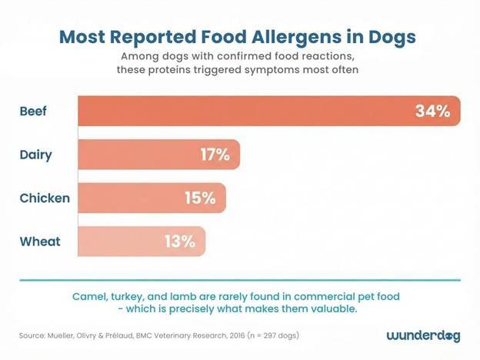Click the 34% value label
tap(432, 112)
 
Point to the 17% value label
tap(215, 155)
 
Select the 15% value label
tap(200, 198)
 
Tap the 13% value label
tap(179, 241)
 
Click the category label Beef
tap(33, 112)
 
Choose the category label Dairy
tap(35, 155)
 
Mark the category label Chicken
tap(45, 198)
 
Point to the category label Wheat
tap(40, 241)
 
